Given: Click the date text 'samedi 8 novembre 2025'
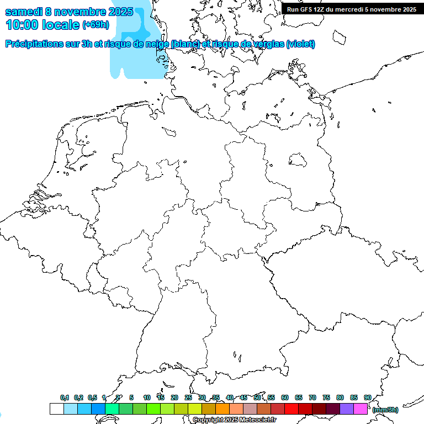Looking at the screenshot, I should (69, 12).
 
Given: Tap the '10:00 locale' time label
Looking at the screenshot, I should (43, 25).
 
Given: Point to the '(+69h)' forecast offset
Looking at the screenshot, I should (96, 25).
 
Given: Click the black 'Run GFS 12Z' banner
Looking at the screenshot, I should (352, 9).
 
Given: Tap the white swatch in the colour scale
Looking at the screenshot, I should (56, 409).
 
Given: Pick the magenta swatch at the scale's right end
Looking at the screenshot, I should (361, 409).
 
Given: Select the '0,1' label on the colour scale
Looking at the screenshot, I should (65, 398).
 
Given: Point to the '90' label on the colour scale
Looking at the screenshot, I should (367, 398).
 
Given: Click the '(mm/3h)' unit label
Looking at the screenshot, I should (385, 410).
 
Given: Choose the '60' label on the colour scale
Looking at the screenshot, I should (285, 398).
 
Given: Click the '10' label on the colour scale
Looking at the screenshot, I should (147, 398).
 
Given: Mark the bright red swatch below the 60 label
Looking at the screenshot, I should (291, 409).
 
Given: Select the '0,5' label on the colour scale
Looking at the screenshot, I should (92, 398).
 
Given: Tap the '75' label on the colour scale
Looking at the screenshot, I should (326, 398).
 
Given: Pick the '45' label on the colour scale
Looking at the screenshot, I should (243, 398).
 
